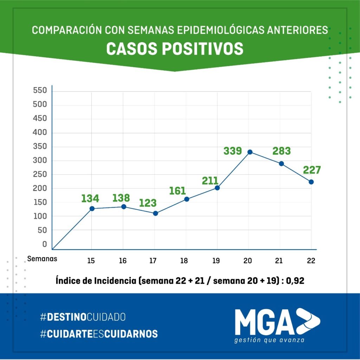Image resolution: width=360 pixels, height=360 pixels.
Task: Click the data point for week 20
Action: point(250,152)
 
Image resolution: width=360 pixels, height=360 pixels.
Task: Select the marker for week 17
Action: point(155,213)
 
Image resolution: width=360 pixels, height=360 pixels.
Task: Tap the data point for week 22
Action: point(311,182)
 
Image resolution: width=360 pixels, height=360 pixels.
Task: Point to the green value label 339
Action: point(233,151)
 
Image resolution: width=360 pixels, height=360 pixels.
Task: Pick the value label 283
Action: point(282,151)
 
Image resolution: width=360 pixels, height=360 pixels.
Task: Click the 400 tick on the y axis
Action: point(40,133)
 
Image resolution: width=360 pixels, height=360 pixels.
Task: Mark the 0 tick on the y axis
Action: point(44,244)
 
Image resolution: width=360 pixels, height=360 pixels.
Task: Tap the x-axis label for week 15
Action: point(91,261)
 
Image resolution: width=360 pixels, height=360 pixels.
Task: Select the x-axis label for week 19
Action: point(216,261)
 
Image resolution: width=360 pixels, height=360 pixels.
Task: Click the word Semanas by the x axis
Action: point(42,259)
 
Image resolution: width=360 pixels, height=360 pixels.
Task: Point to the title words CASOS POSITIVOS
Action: point(175,49)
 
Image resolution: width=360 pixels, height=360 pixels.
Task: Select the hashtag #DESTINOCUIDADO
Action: point(83,317)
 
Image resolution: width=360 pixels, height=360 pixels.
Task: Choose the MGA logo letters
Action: point(264,322)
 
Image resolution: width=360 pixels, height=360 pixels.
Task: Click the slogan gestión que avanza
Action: point(270,340)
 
